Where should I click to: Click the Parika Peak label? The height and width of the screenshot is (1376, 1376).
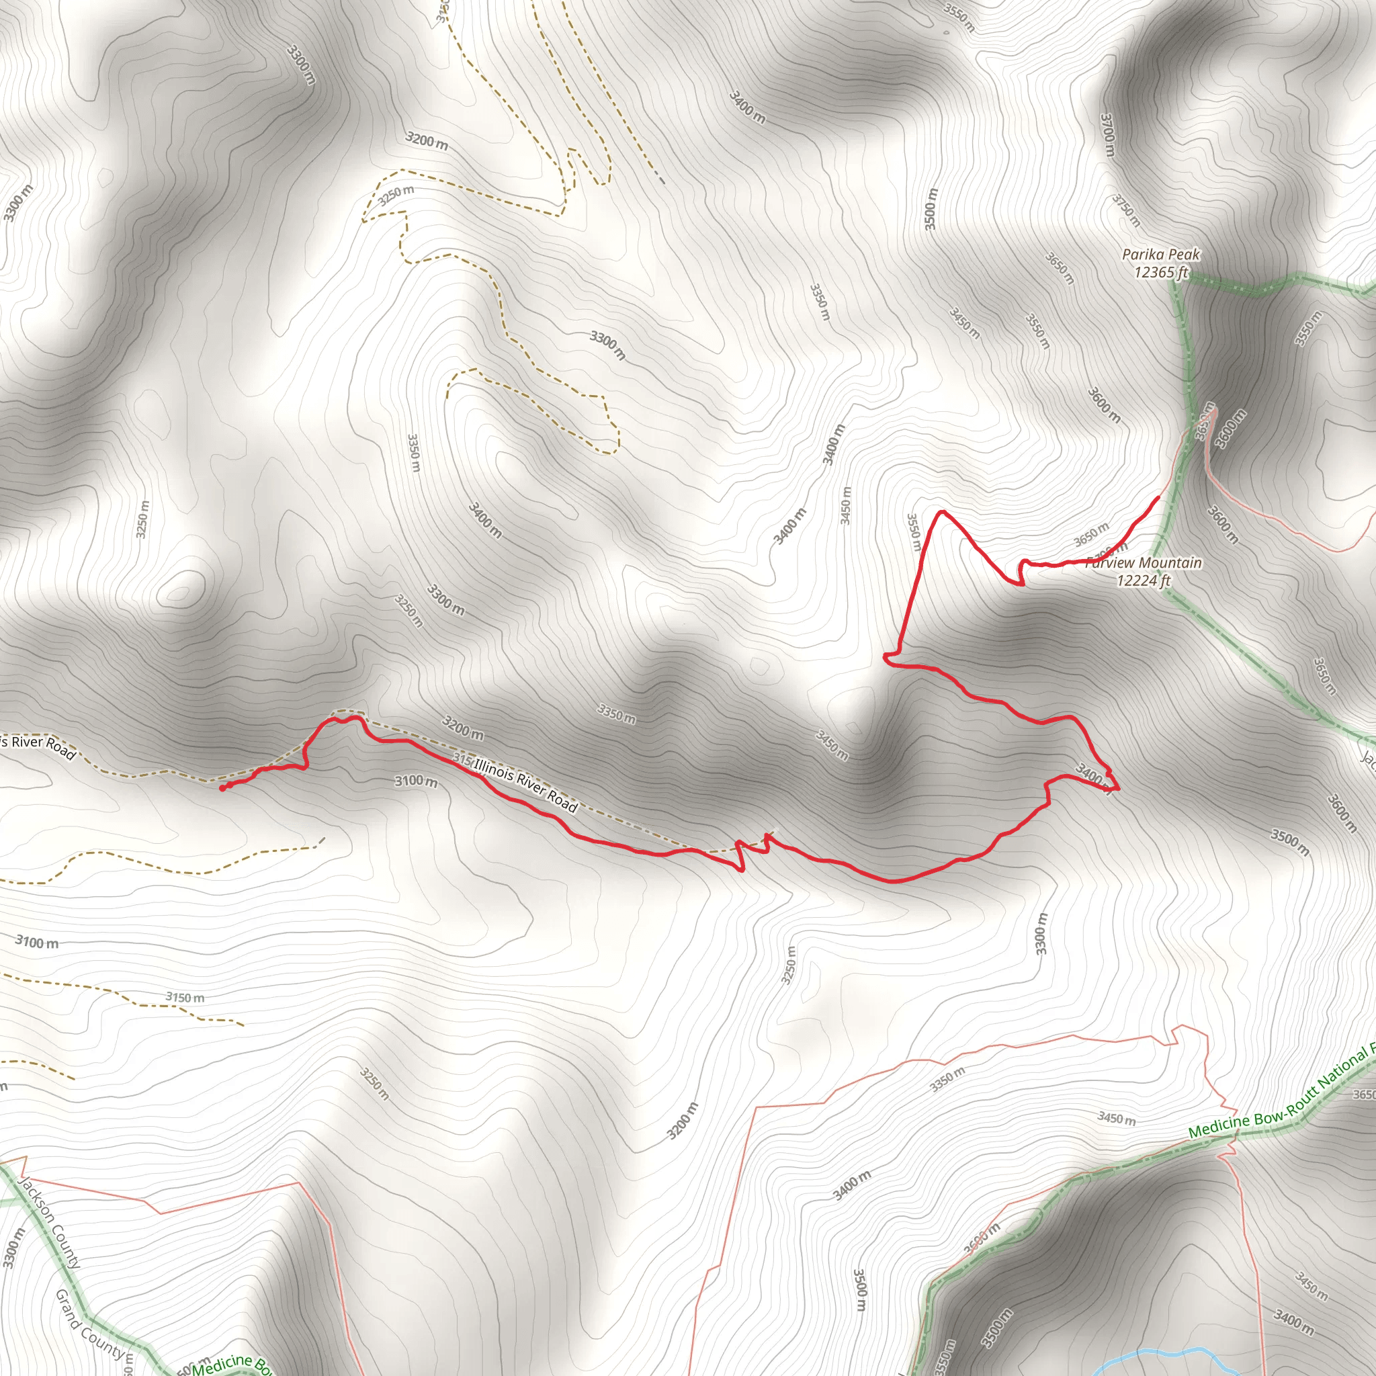click(x=1160, y=254)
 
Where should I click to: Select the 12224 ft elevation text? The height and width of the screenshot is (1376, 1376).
click(x=1143, y=580)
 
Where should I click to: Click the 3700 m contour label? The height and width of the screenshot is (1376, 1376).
click(x=1107, y=134)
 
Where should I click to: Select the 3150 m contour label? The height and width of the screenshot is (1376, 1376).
click(x=185, y=998)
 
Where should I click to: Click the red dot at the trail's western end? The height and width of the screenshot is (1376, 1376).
click(x=223, y=788)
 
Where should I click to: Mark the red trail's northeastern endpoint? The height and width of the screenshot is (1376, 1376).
click(x=1158, y=497)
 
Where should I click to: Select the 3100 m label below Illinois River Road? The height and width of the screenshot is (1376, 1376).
click(x=416, y=781)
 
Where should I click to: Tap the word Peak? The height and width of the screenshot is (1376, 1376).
click(x=1184, y=254)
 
